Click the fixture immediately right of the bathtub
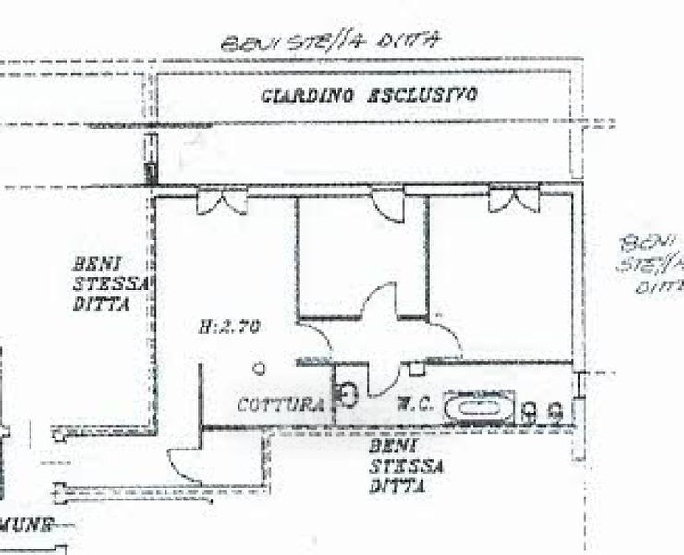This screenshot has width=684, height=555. point(530,409)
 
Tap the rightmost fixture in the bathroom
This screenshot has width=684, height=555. point(556,409)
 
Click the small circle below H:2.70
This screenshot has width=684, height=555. point(260,368)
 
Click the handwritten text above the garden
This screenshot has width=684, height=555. point(327,42)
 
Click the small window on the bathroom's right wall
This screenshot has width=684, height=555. point(580,383)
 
